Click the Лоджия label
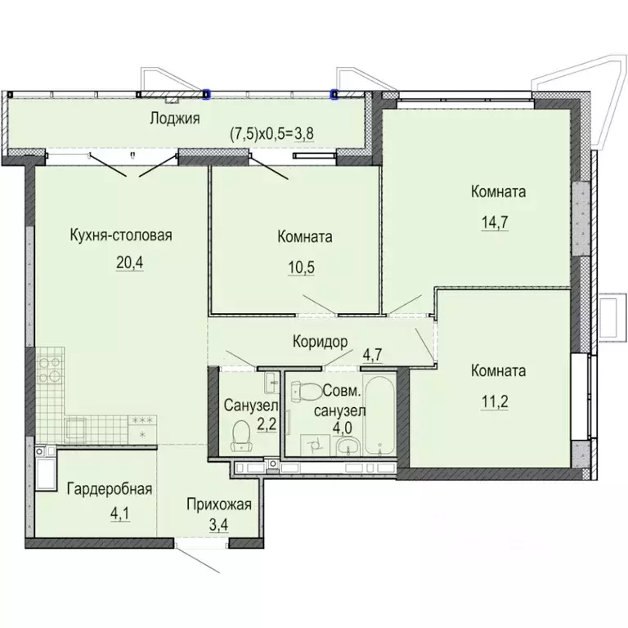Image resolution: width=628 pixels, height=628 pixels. [175, 119]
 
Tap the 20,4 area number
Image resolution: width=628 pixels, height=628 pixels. [130, 262]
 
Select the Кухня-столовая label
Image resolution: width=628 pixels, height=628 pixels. [121, 235]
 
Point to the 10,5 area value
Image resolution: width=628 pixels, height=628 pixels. [301, 267]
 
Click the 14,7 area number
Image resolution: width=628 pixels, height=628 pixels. [495, 222]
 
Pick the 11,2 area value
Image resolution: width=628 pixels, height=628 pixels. [495, 401]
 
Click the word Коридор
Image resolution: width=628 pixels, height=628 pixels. [320, 342]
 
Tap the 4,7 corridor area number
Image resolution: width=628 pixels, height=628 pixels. [373, 354]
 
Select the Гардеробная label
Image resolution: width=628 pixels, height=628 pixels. [110, 489]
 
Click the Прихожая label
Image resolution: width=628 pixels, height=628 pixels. [219, 505]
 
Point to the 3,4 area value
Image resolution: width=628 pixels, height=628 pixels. [218, 524]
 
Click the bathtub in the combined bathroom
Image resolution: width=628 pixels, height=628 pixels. [379, 415]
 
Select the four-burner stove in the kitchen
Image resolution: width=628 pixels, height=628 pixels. [50, 370]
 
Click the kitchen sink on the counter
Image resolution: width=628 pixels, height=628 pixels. [76, 428]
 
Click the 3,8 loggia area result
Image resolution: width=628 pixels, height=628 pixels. [304, 134]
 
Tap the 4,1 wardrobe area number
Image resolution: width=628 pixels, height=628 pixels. [119, 514]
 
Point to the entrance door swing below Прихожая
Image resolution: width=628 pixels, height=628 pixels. [198, 559]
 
